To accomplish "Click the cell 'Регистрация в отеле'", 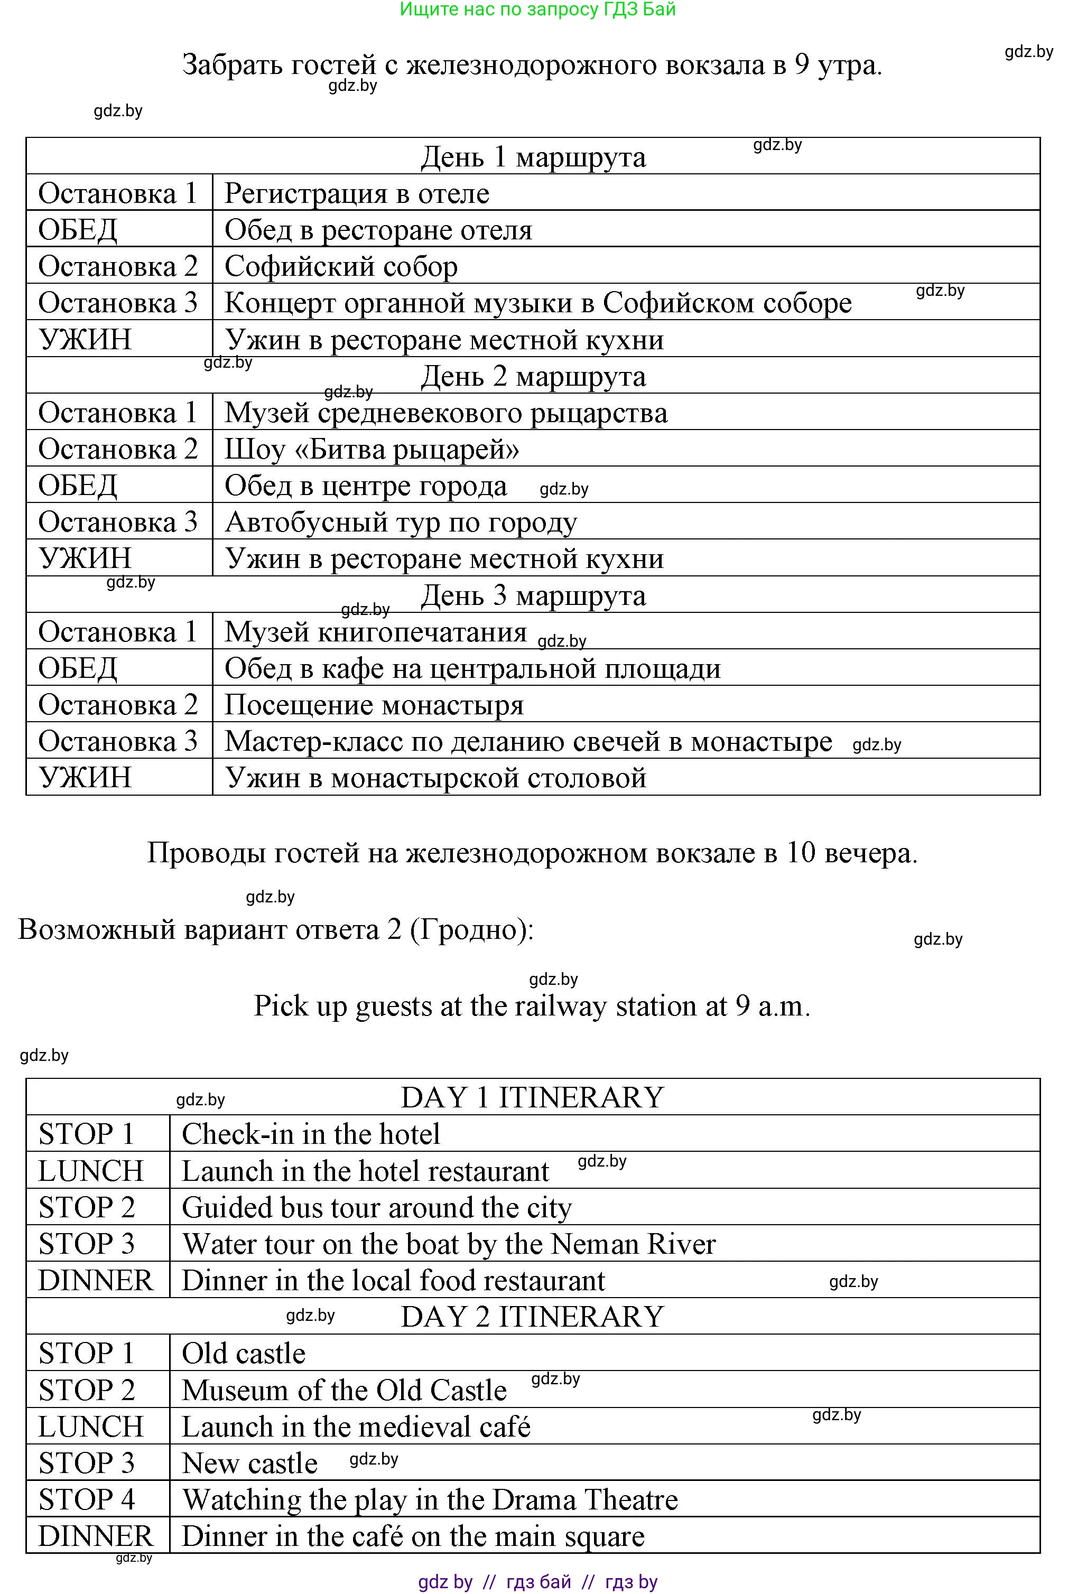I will tap(357, 193).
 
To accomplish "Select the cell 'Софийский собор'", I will tap(341, 266).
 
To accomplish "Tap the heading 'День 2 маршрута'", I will tap(533, 376).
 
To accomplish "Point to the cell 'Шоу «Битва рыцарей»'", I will tap(372, 449).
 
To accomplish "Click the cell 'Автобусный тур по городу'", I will tap(401, 522).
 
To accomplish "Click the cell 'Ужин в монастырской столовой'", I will tap(435, 778).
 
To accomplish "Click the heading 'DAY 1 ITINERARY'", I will tap(532, 1097).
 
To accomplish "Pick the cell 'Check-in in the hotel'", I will tap(311, 1134).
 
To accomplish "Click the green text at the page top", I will tap(538, 9).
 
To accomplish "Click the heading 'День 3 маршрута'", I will tap(533, 595).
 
